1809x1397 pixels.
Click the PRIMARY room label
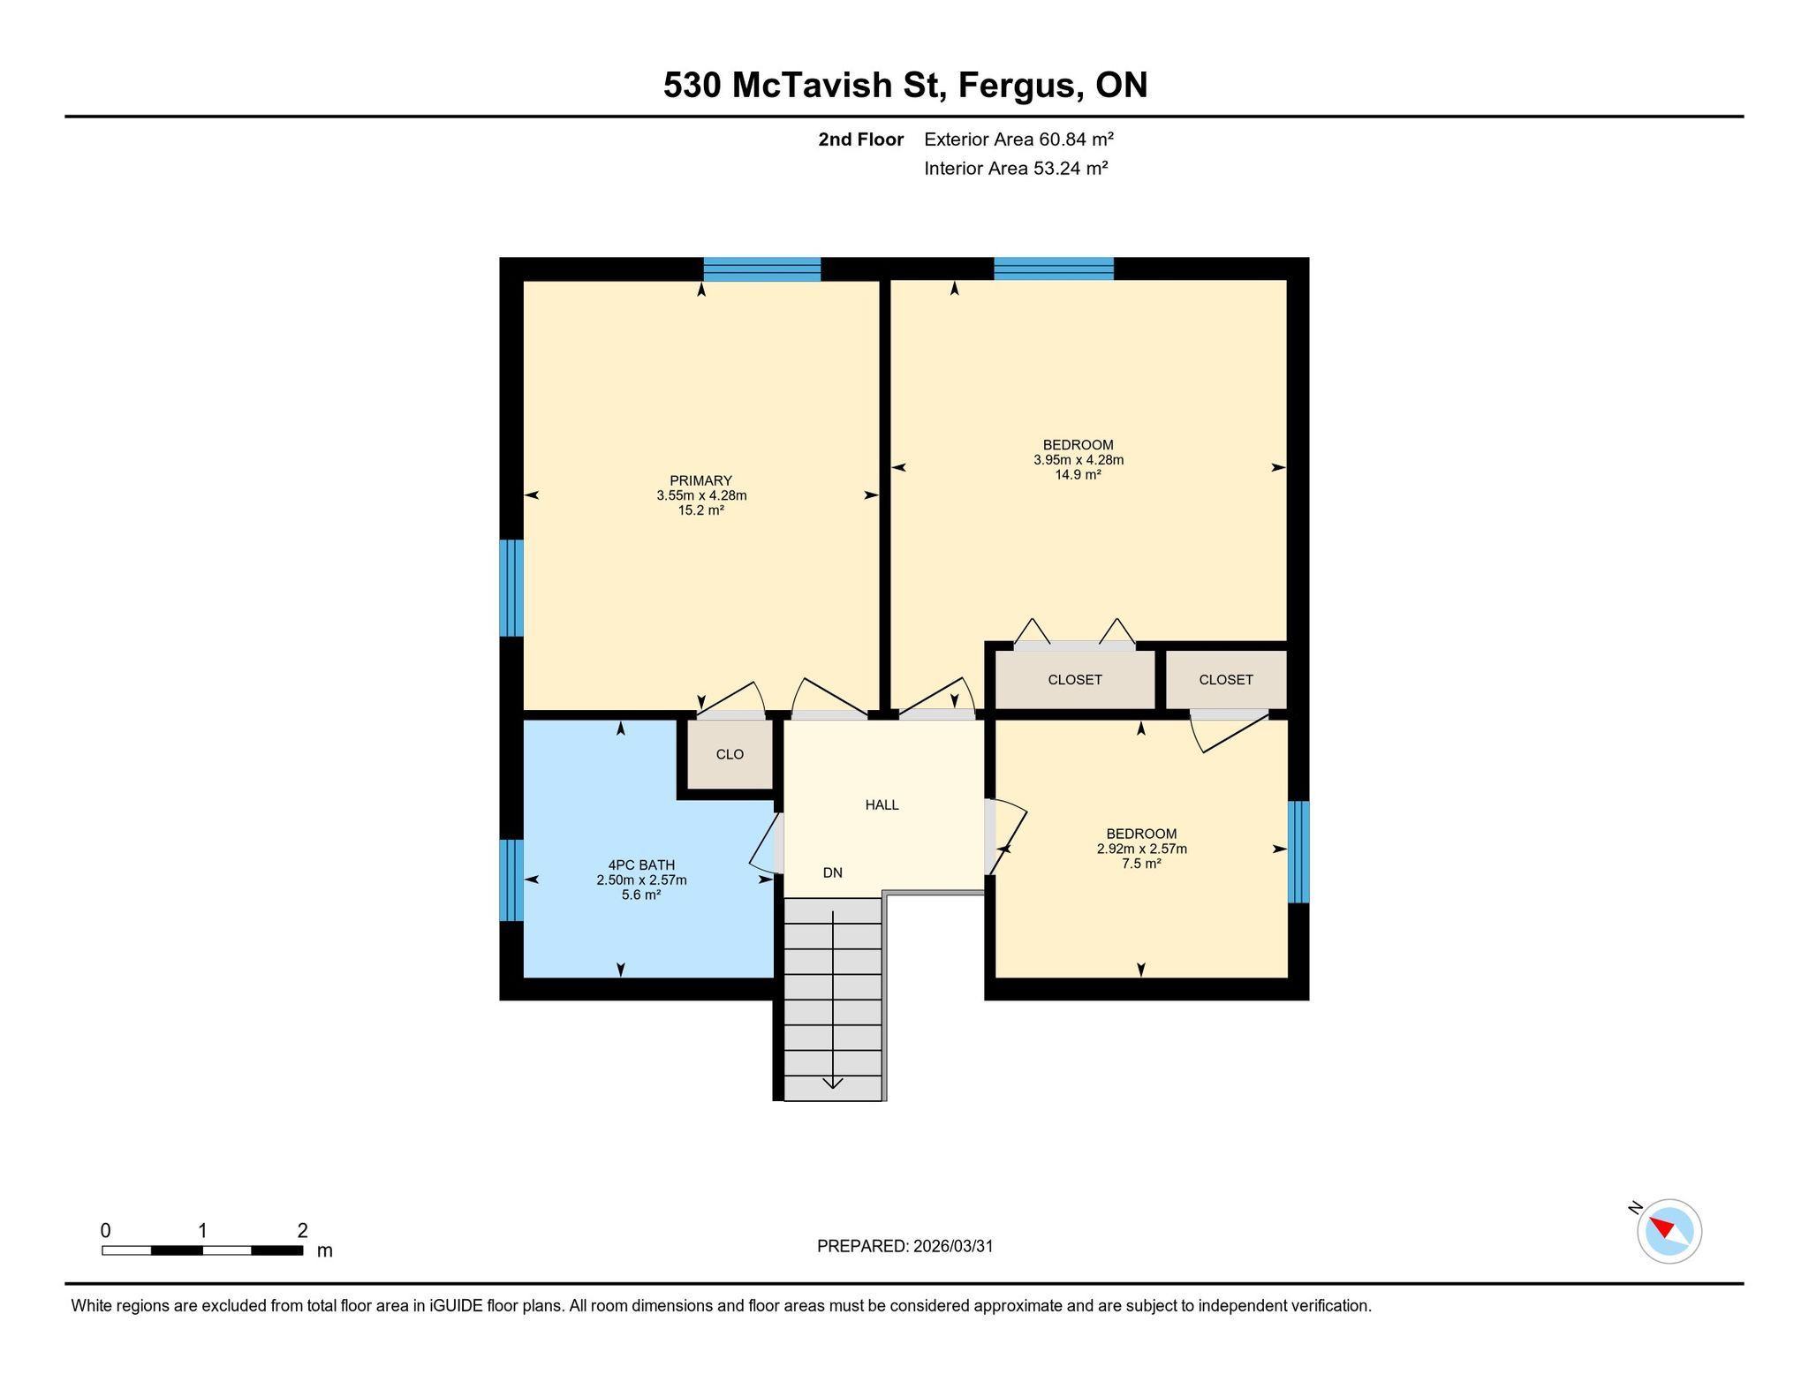point(701,481)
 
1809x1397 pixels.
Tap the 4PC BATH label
point(641,865)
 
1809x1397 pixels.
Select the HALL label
point(882,804)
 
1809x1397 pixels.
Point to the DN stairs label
point(833,872)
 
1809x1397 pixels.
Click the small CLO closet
point(730,754)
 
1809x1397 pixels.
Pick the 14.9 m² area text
point(1079,475)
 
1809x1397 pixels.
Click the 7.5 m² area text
point(1141,864)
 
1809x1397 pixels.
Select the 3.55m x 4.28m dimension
point(701,495)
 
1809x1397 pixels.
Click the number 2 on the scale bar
point(303,1230)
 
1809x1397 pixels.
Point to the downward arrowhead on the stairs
point(833,1084)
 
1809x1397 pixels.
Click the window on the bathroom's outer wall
point(511,880)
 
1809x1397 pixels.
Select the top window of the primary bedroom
point(762,269)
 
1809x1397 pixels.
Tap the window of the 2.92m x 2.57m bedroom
point(1298,852)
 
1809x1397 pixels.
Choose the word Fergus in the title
point(1019,86)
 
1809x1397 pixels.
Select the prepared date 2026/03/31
point(953,1246)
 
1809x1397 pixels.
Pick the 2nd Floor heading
point(861,140)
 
